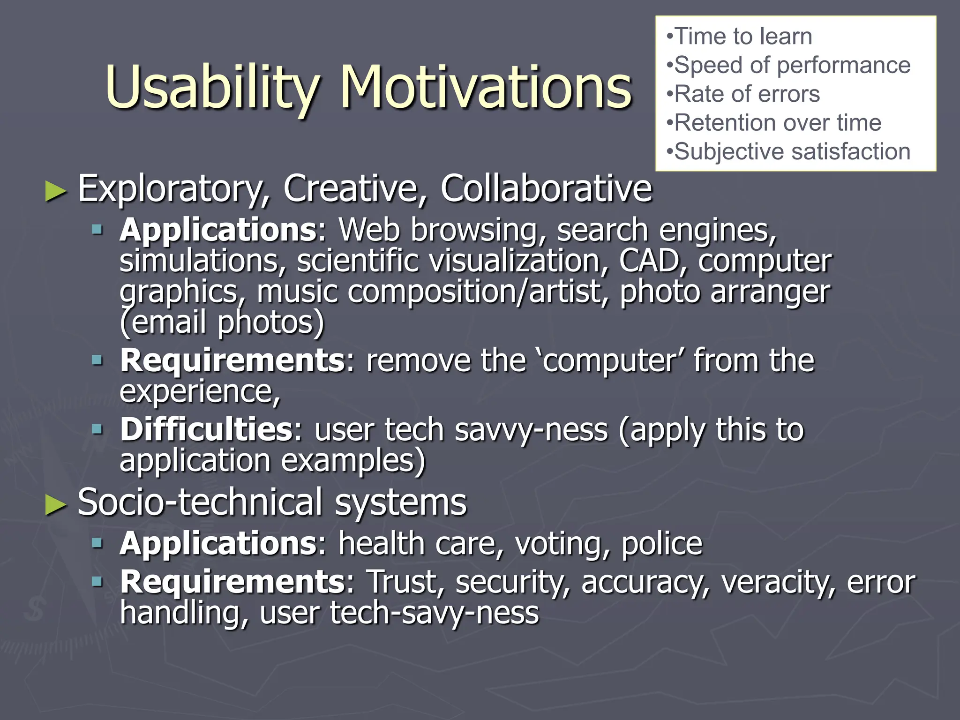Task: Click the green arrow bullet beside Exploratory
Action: (56, 192)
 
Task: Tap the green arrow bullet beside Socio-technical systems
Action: (56, 505)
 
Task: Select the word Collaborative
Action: (546, 188)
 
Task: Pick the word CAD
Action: (650, 261)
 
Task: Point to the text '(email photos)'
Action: (222, 322)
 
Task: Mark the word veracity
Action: (778, 582)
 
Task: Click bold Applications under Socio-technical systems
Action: (218, 544)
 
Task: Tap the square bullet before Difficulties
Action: (97, 428)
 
